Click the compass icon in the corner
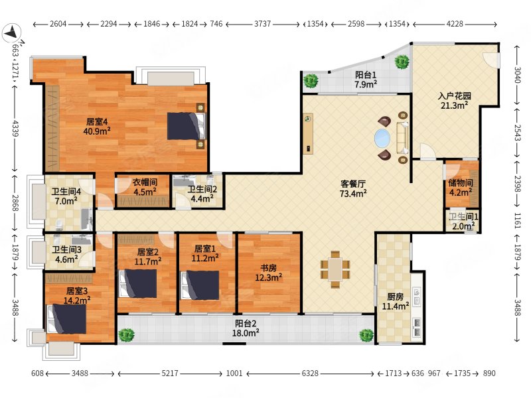pyautogui.click(x=12, y=33)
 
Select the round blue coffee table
pyautogui.click(x=382, y=139)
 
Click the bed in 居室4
pyautogui.click(x=187, y=126)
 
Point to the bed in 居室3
pyautogui.click(x=67, y=319)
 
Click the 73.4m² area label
pyautogui.click(x=353, y=194)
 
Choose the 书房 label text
pyautogui.click(x=269, y=269)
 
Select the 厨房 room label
pyautogui.click(x=395, y=297)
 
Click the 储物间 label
pyautogui.click(x=460, y=183)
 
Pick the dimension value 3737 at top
pyautogui.click(x=262, y=24)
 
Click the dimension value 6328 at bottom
pyautogui.click(x=310, y=373)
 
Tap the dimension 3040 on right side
pyautogui.click(x=517, y=75)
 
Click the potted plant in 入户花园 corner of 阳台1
pyautogui.click(x=402, y=62)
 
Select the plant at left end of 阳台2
pyautogui.click(x=127, y=335)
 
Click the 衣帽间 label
pyautogui.click(x=145, y=182)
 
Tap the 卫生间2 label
pyautogui.click(x=202, y=190)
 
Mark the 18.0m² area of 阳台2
pyautogui.click(x=246, y=334)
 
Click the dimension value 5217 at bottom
pyautogui.click(x=170, y=373)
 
